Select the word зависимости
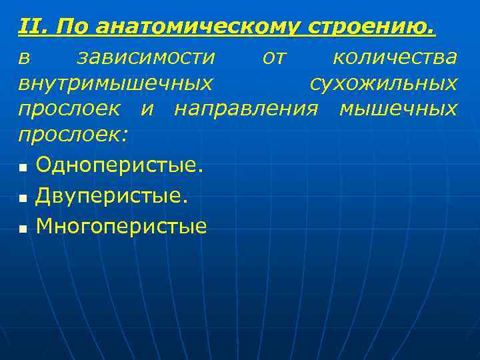pyautogui.click(x=146, y=58)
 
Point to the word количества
pyautogui.click(x=395, y=58)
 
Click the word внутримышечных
pyautogui.click(x=116, y=84)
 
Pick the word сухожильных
pyautogui.click(x=384, y=84)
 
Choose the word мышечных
pyautogui.click(x=398, y=109)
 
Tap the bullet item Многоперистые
pyautogui.click(x=121, y=227)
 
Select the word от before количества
pyautogui.click(x=274, y=59)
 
